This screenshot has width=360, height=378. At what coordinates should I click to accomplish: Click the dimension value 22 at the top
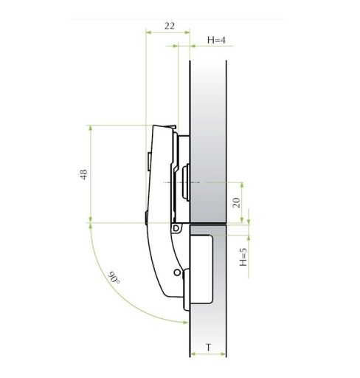170,26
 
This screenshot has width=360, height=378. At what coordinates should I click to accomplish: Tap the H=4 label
216,40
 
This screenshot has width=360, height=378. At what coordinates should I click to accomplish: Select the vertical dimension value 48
84,174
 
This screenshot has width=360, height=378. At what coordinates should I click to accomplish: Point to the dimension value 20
236,202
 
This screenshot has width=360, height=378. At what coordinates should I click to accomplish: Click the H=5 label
243,257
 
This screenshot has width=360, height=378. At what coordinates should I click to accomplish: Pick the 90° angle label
114,278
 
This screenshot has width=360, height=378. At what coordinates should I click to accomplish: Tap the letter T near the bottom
209,348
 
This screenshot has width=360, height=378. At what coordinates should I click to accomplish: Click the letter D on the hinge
176,228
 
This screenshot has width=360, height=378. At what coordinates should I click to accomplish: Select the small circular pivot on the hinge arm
177,272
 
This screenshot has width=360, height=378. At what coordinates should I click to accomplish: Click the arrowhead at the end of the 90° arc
186,322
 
